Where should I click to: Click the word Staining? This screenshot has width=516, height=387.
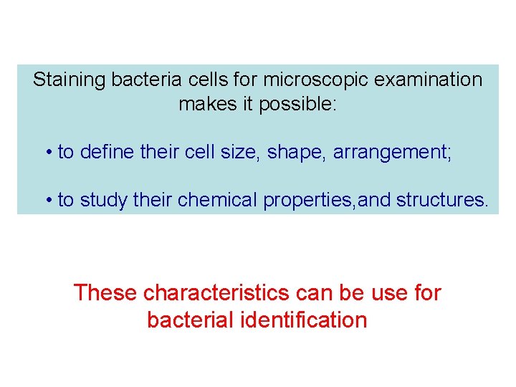(x=70, y=80)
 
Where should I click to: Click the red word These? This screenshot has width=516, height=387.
(x=106, y=293)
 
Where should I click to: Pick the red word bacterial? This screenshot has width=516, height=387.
(x=190, y=320)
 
